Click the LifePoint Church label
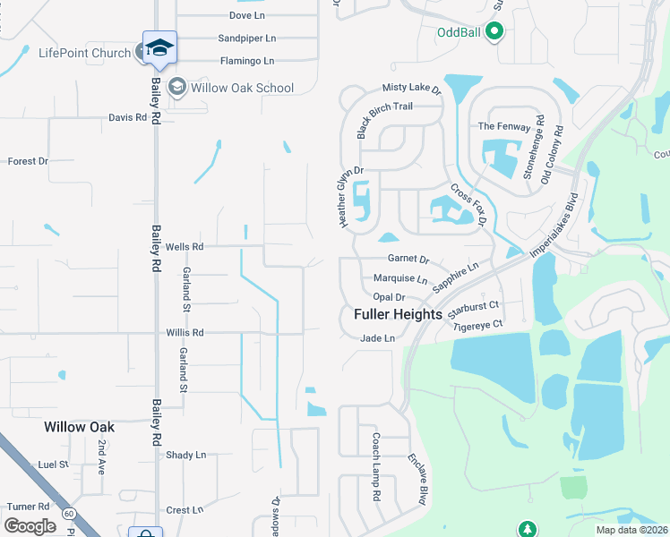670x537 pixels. pos(85,53)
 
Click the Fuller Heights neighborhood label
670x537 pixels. pos(398,315)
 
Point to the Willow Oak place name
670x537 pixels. pos(80,427)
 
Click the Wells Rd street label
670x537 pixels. pos(185,246)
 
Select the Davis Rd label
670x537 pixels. pos(127,117)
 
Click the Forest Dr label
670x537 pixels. pos(27,161)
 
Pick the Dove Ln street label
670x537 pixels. pos(246,16)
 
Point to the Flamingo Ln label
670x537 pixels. pos(247,61)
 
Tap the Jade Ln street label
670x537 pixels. pos(377,338)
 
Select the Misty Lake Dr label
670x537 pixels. pos(413,89)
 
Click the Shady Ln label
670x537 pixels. pos(185,455)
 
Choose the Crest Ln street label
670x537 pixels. pos(185,510)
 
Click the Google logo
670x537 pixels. pos(30,526)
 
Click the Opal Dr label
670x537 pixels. pos(390,296)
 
